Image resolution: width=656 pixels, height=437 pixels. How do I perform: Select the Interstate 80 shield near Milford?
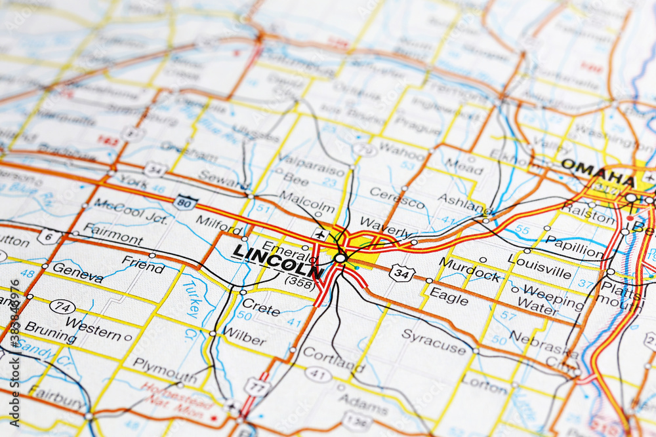coord(186,202)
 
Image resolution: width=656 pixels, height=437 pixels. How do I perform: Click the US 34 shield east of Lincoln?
coord(401,273)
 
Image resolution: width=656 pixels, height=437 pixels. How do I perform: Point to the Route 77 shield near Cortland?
coord(256,387)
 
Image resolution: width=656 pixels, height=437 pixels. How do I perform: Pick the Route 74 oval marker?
coord(62,306)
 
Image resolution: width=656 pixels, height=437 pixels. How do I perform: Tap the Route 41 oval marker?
coord(318,374)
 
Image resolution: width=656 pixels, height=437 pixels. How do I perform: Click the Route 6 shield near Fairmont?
coord(49,237)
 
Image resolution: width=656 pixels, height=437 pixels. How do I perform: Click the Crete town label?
coord(261,305)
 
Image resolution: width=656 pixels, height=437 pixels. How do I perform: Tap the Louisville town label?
coord(540,267)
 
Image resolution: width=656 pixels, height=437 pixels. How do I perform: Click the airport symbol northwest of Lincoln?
coord(320,235)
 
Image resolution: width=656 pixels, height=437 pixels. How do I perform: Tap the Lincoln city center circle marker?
coord(340,258)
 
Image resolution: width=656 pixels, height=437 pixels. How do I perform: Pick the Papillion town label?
coord(575,246)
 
